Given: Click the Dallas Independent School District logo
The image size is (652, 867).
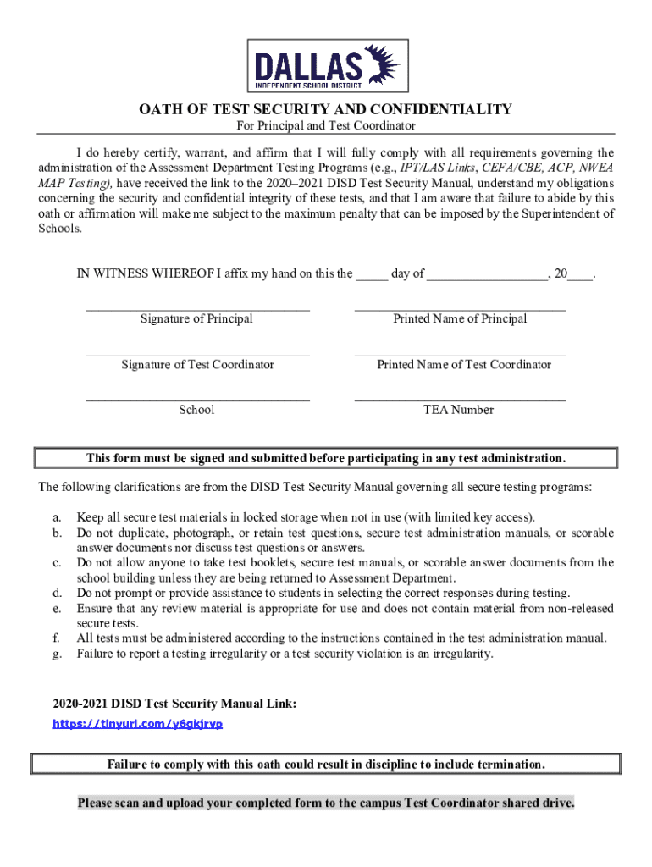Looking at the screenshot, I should (x=325, y=65).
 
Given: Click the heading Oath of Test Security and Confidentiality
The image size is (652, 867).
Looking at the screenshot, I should (x=325, y=108).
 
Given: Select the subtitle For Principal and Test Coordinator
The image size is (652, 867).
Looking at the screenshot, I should (x=325, y=125).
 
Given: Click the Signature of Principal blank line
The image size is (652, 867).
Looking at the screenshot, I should (x=197, y=308).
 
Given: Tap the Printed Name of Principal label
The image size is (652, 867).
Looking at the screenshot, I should (x=460, y=318).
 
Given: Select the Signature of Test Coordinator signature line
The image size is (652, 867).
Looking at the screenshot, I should (x=197, y=354).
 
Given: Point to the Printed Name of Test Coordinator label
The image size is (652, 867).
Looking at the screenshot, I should (x=464, y=364).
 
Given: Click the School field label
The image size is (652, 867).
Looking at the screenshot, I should (x=196, y=410).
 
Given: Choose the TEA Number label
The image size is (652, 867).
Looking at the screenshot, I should (x=458, y=410).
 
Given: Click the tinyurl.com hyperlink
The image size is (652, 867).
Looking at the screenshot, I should (x=138, y=724).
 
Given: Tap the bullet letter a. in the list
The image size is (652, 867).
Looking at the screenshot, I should (x=57, y=516).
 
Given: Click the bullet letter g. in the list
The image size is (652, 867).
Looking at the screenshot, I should (x=57, y=654).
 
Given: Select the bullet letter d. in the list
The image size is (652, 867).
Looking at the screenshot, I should (x=57, y=593).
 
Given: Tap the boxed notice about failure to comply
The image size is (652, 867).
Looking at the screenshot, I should (x=326, y=765).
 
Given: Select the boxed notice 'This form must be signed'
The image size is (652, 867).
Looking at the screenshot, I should (x=326, y=458).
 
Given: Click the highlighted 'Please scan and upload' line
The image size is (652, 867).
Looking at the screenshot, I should (x=326, y=803).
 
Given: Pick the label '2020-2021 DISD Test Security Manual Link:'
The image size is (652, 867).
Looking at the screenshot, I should (x=174, y=704).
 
